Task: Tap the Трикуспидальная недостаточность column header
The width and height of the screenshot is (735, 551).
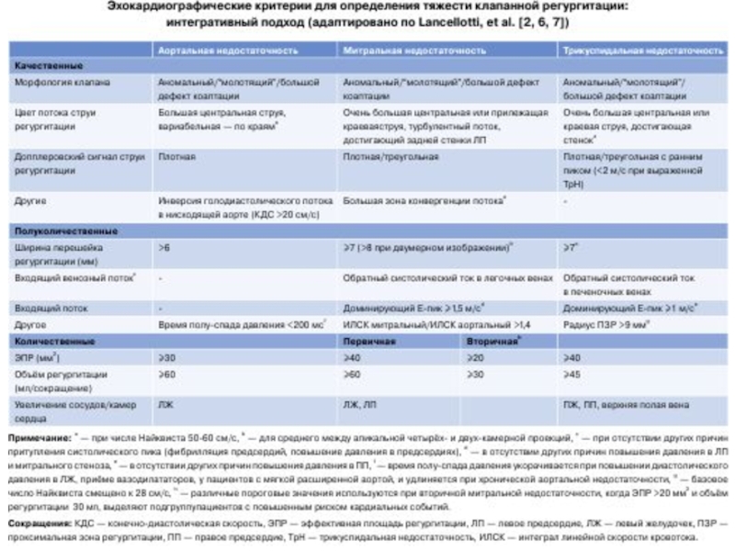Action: pyautogui.click(x=643, y=50)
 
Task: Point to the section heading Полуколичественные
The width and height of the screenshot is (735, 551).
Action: pyautogui.click(x=61, y=231)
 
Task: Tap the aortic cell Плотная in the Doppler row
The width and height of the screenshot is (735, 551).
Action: pyautogui.click(x=175, y=157)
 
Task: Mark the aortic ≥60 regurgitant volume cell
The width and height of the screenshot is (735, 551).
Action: pyautogui.click(x=166, y=375)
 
